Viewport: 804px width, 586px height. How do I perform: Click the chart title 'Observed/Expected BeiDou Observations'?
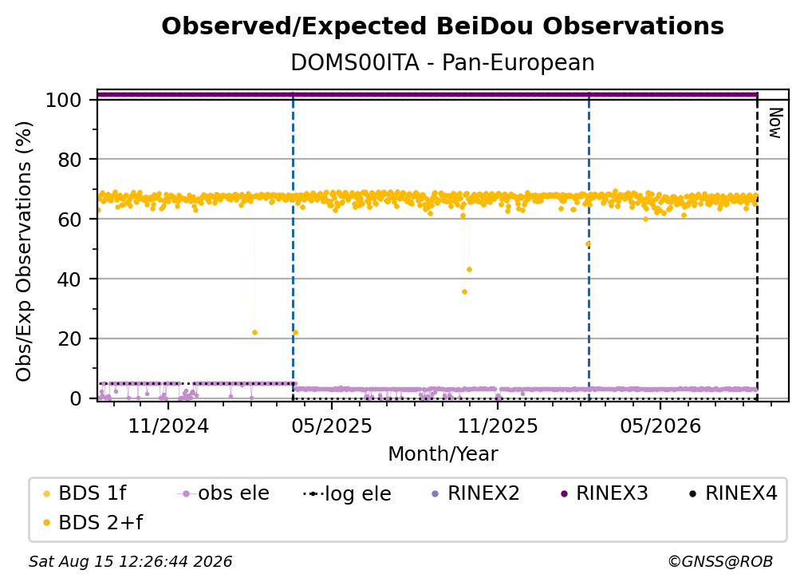tap(443, 26)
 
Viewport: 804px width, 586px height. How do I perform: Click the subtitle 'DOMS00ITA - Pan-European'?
tap(443, 63)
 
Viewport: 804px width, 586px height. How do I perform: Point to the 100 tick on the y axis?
tap(63, 100)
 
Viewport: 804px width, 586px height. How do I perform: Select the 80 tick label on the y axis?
tap(69, 160)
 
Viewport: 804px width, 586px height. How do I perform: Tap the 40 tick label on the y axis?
tap(69, 279)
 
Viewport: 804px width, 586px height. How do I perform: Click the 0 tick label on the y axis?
tap(75, 398)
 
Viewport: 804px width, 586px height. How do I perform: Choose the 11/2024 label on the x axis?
tap(168, 426)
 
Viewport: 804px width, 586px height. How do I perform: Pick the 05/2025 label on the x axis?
tap(332, 426)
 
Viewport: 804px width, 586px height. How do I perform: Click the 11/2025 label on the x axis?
tap(498, 426)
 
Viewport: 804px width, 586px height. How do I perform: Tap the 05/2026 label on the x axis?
tap(660, 426)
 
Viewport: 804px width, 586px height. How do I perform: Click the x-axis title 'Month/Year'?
tap(443, 454)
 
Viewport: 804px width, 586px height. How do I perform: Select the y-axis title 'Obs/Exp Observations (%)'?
tap(24, 251)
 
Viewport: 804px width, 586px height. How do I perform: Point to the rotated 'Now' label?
tap(775, 123)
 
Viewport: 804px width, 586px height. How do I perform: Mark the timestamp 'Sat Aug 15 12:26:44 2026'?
tap(130, 561)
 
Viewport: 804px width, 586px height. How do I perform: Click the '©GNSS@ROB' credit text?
tap(720, 561)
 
